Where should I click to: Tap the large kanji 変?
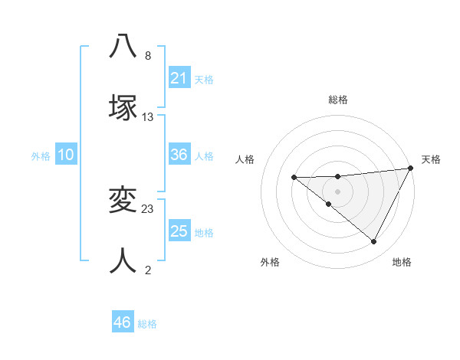pos(123,200)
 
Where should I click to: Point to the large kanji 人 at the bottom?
pos(123,260)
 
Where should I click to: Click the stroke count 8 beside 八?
pos(148,56)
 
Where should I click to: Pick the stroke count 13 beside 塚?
pos(148,116)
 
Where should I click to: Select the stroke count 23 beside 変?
pos(148,208)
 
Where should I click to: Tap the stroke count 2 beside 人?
pos(148,270)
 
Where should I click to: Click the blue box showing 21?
pos(179,78)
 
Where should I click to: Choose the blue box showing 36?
pos(179,155)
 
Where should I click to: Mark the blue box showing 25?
pos(179,231)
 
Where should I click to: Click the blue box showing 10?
pos(66,155)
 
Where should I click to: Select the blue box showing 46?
pos(123,322)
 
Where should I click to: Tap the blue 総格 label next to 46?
pos(147,324)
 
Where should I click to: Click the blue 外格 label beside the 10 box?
pos(41,156)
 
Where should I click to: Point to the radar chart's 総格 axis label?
pos(338,100)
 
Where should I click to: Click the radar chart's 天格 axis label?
pos(431,159)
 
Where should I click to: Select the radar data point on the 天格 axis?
pos(410,169)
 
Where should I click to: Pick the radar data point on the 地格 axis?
pos(374,242)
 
